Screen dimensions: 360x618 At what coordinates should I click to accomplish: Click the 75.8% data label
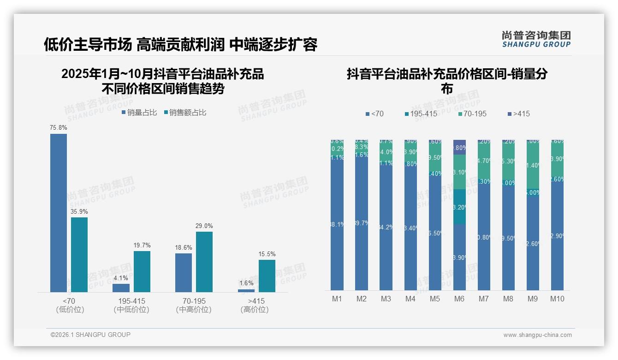coord(59,127)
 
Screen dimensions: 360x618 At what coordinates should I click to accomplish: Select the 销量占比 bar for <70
coord(59,212)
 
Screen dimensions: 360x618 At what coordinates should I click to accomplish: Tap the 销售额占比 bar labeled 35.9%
coord(79,254)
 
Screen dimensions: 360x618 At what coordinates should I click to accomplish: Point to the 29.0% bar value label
coord(204,226)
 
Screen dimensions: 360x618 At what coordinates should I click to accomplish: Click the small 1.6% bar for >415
coord(246,290)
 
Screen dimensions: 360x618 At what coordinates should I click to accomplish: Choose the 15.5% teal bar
coord(267,276)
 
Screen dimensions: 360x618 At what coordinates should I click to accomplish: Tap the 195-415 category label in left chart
coord(131,301)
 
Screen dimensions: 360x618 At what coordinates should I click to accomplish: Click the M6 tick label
coord(459,299)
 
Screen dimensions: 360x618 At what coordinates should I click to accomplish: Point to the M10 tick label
coord(557,299)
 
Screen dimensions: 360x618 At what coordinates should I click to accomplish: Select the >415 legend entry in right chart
coord(518,114)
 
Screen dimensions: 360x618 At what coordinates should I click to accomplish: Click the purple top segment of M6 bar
coord(459,147)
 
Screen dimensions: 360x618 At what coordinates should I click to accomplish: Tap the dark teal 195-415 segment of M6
coord(459,207)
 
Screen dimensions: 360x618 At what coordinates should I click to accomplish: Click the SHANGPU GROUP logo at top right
coord(536,39)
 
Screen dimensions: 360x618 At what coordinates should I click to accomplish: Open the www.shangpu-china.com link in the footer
coord(537,335)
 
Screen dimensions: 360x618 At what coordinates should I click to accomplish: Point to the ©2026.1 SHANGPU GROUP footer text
coord(90,335)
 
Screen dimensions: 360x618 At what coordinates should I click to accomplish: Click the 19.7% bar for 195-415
coord(142,271)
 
